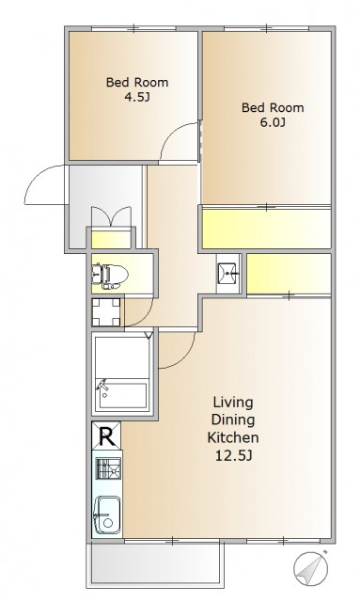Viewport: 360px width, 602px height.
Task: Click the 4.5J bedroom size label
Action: click(136, 98)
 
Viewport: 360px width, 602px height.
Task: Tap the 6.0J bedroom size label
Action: click(272, 123)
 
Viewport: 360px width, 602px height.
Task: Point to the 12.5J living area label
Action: click(233, 455)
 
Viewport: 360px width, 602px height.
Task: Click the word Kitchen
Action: click(233, 437)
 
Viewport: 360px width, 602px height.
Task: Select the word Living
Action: click(233, 403)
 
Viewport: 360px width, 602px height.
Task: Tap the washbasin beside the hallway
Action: click(228, 273)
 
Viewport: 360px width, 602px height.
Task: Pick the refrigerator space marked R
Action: click(106, 436)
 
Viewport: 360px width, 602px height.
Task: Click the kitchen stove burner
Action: click(108, 468)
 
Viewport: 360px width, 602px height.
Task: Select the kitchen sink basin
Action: click(107, 515)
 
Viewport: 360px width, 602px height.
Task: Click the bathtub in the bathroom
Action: click(122, 395)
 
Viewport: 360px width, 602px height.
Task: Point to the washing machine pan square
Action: click(106, 312)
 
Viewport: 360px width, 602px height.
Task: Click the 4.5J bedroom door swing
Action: click(173, 133)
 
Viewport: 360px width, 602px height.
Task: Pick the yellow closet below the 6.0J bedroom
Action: click(266, 228)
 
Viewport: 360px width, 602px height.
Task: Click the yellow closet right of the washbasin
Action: click(289, 274)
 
